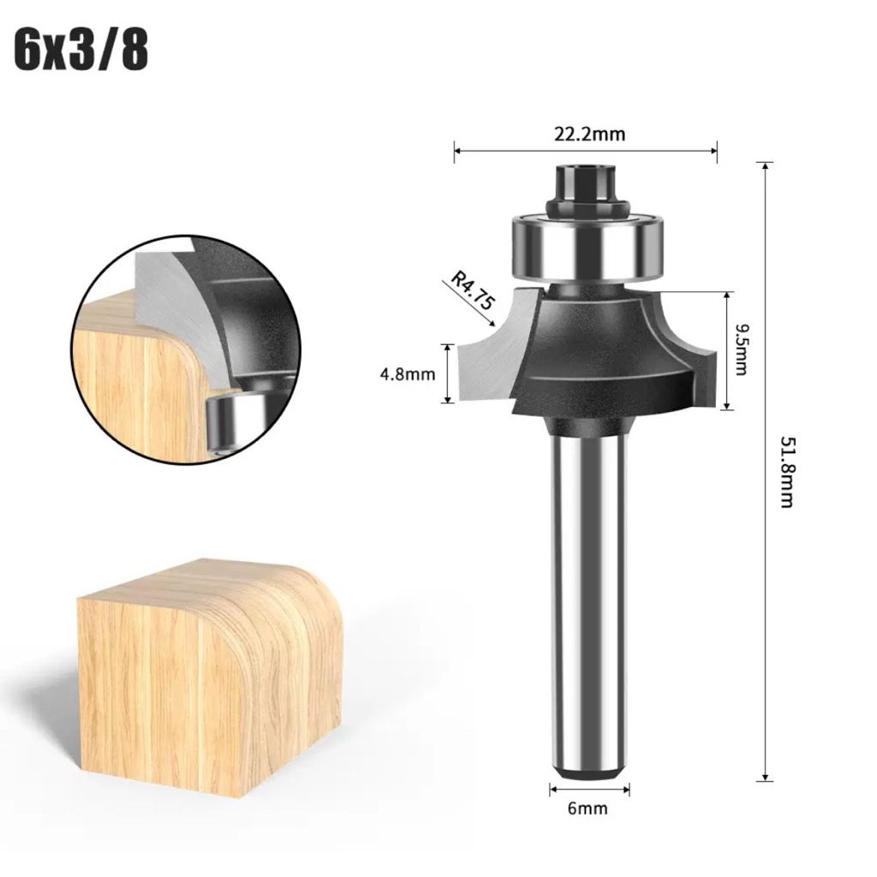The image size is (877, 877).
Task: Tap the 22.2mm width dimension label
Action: [589, 134]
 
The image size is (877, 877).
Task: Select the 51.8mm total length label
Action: [786, 472]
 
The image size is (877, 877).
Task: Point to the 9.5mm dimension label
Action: [741, 349]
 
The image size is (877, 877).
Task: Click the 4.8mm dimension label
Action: [407, 373]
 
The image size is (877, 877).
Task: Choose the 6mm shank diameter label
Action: [588, 808]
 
